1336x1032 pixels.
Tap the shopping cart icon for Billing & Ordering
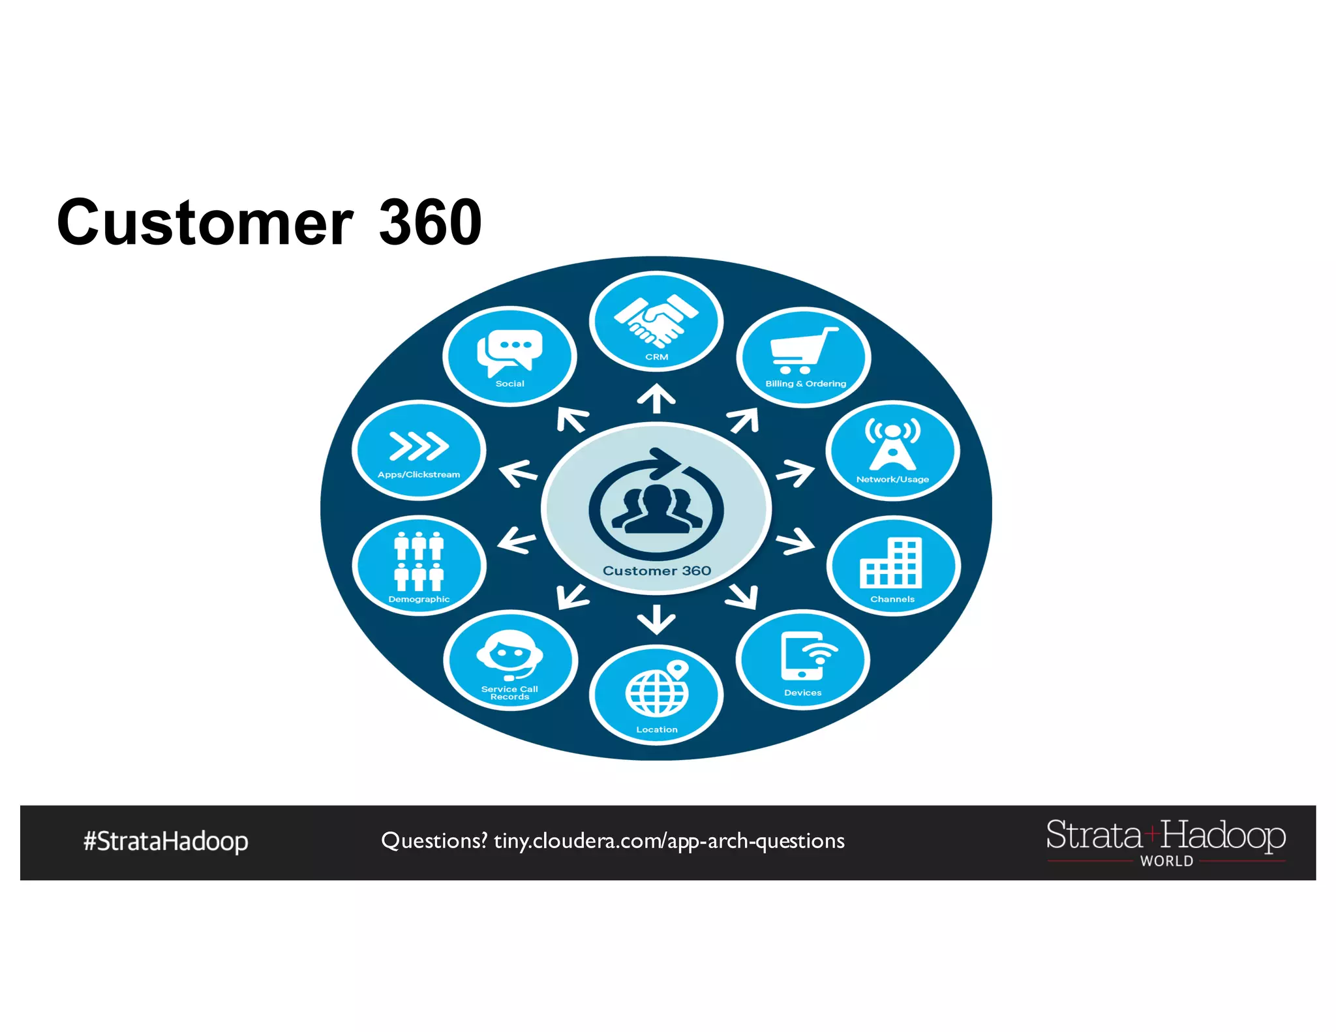[802, 350]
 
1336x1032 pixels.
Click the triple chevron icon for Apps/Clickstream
[419, 446]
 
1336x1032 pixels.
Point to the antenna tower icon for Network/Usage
[892, 444]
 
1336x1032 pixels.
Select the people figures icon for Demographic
[419, 561]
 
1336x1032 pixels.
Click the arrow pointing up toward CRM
[656, 398]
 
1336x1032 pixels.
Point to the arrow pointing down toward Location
[656, 619]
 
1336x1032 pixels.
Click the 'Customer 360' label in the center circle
[656, 571]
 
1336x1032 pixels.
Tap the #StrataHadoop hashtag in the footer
[166, 842]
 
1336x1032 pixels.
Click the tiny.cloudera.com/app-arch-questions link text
[669, 842]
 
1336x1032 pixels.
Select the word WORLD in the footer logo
[1166, 861]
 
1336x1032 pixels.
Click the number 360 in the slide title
[431, 222]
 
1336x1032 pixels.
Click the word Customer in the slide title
[205, 222]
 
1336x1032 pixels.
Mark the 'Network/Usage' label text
[892, 479]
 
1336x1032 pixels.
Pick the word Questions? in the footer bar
[434, 842]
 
